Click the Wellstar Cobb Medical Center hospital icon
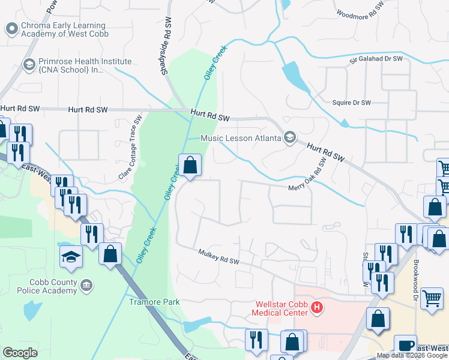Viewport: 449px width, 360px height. (318, 310)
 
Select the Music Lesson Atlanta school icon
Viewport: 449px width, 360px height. (290, 138)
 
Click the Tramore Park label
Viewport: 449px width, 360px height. (154, 302)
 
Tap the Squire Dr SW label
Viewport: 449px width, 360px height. (352, 103)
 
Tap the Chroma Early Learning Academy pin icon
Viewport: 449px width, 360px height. (11, 28)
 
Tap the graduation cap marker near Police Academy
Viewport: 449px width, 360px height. (71, 257)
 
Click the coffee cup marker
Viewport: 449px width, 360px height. (405, 345)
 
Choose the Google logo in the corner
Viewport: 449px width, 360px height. (20, 353)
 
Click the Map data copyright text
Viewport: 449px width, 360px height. (412, 356)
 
